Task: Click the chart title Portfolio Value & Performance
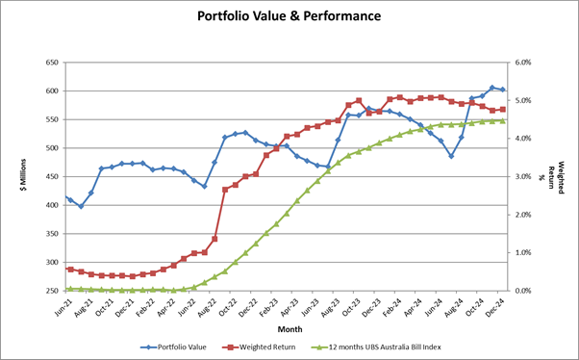coord(289,16)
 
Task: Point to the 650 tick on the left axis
coord(52,63)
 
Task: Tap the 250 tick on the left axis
coord(52,291)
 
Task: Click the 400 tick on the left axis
coord(52,205)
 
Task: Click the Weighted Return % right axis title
coord(561,176)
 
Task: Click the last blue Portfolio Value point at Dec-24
coord(502,90)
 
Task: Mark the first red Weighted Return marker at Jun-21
coord(70,270)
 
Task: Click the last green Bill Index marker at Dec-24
coord(502,120)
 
